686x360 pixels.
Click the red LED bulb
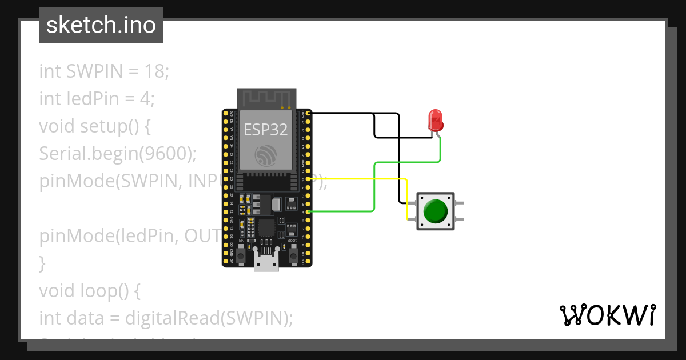pos(436,121)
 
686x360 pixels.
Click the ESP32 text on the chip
pos(266,130)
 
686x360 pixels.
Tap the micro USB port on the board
pos(267,263)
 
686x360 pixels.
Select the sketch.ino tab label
pos(101,25)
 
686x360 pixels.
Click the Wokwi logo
pos(607,315)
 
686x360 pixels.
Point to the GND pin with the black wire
pos(309,114)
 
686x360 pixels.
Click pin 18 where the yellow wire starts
pos(309,179)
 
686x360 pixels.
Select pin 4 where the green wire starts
pos(309,212)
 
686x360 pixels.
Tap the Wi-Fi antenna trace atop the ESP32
pos(266,98)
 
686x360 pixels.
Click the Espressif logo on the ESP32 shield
pos(266,156)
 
